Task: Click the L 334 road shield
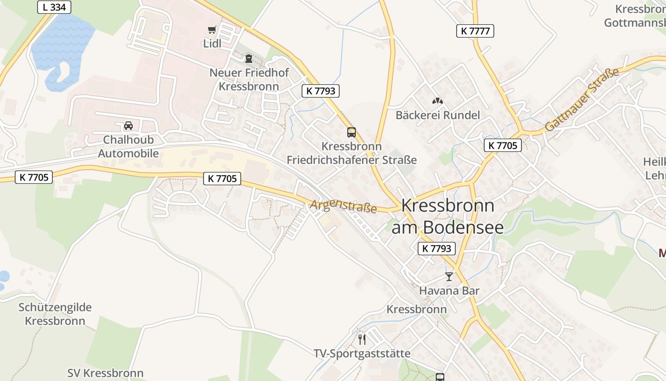[x=54, y=7]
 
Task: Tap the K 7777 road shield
[x=475, y=31]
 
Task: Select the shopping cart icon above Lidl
[x=212, y=30]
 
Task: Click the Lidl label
[x=213, y=44]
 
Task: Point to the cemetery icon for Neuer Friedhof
[x=248, y=59]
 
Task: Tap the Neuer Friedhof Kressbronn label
[x=249, y=80]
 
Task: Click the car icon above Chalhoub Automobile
[x=128, y=126]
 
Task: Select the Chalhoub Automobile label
[x=128, y=147]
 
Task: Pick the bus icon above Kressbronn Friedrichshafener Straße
[x=352, y=132]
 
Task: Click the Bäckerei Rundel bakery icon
[x=437, y=101]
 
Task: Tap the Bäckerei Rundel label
[x=438, y=115]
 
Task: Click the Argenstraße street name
[x=343, y=206]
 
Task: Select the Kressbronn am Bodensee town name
[x=448, y=216]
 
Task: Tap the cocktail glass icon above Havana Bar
[x=449, y=276]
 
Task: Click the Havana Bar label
[x=449, y=291]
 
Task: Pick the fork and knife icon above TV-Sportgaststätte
[x=362, y=339]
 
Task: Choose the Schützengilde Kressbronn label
[x=55, y=314]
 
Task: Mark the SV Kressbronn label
[x=105, y=373]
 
